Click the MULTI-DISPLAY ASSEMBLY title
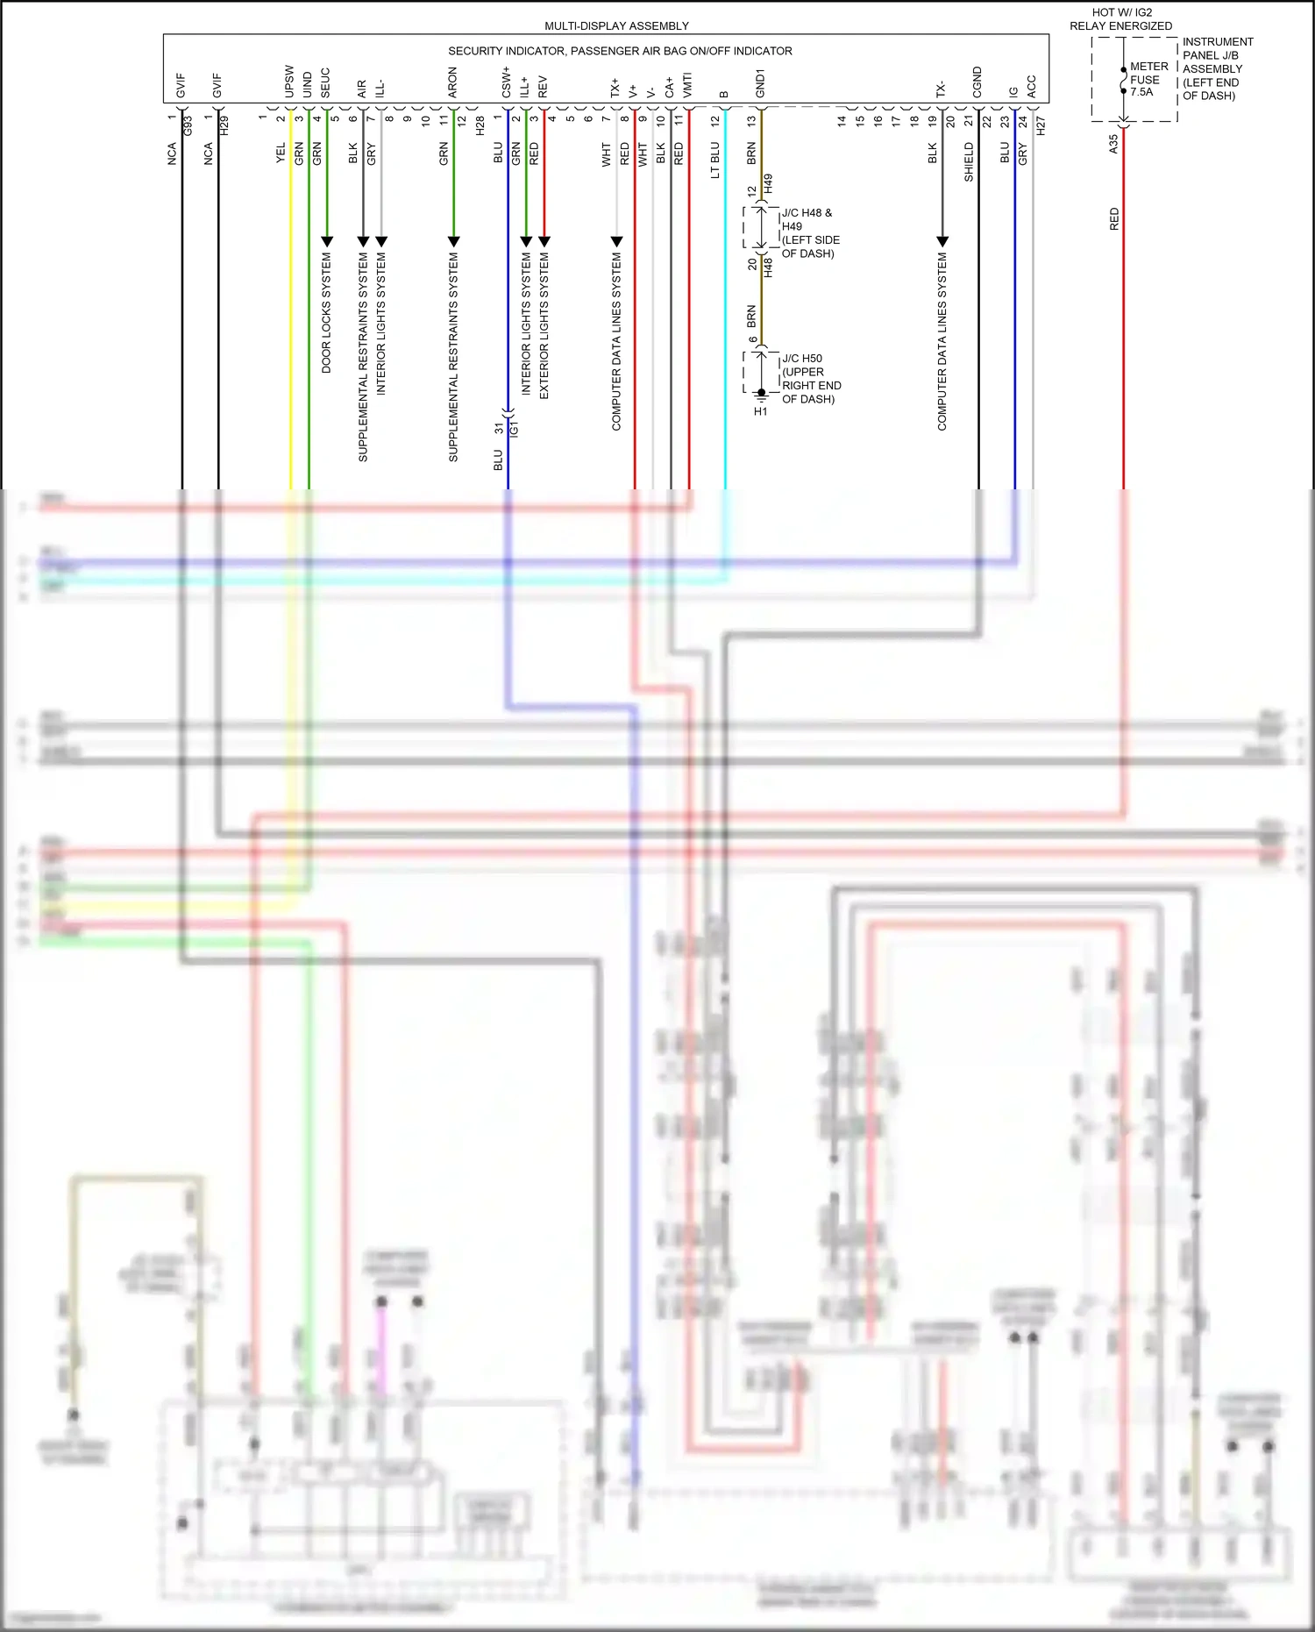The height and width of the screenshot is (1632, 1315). [616, 26]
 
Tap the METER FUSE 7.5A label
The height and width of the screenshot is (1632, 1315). [1148, 79]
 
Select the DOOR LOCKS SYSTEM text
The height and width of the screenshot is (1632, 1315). [326, 313]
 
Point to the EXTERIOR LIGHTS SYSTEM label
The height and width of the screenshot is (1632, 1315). [544, 325]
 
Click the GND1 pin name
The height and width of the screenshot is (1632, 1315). [760, 83]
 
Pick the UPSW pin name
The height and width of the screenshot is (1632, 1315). [289, 82]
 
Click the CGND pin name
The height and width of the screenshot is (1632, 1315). [977, 82]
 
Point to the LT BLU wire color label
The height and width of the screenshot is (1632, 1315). [714, 160]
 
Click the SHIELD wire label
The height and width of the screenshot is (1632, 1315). [969, 162]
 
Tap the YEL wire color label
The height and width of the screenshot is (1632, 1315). [281, 153]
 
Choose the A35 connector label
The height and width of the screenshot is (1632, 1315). [1113, 144]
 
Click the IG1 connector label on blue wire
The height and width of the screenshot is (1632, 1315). [515, 428]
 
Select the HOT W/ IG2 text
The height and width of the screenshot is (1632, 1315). [1121, 12]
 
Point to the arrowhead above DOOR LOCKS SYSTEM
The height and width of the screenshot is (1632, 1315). [327, 240]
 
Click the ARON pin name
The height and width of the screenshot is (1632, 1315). [452, 82]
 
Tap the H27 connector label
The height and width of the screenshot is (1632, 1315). [1041, 125]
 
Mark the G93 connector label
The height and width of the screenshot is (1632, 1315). [188, 125]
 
